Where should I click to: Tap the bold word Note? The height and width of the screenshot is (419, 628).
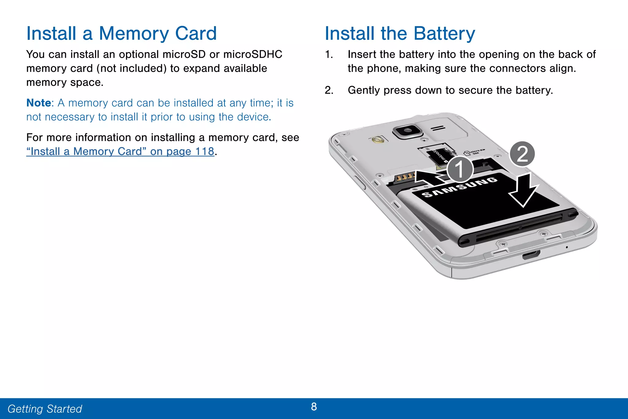tap(39, 103)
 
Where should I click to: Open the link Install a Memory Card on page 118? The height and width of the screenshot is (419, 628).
tap(120, 151)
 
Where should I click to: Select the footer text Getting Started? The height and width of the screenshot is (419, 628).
tap(45, 409)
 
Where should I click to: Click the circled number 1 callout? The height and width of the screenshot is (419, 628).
tap(460, 169)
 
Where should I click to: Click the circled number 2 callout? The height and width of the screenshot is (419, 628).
tap(522, 154)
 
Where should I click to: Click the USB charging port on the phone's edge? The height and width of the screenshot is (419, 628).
tap(531, 254)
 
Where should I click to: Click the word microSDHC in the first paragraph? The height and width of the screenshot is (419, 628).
tap(253, 54)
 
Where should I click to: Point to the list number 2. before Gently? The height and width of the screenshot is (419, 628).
tap(329, 90)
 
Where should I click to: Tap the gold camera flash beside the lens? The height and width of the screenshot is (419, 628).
tap(377, 140)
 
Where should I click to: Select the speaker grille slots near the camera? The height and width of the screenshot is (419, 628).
tap(438, 128)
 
